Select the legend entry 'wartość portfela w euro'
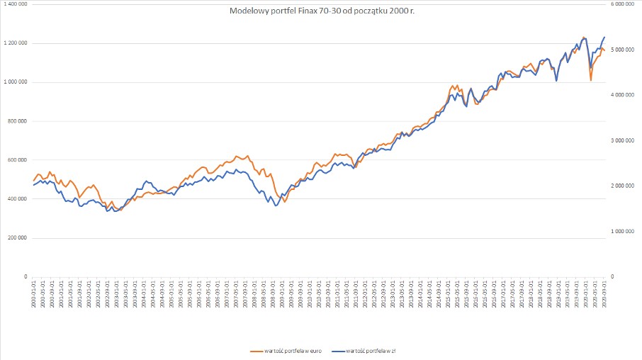pos(290,351)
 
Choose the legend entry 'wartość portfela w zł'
pos(375,351)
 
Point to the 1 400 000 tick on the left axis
pos(15,4)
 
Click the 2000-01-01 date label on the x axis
pos(33,292)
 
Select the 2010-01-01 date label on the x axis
pos(309,292)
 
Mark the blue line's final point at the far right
pos(604,37)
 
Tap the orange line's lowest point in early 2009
pos(285,202)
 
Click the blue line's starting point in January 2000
pos(33,185)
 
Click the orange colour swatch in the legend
pos(258,351)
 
